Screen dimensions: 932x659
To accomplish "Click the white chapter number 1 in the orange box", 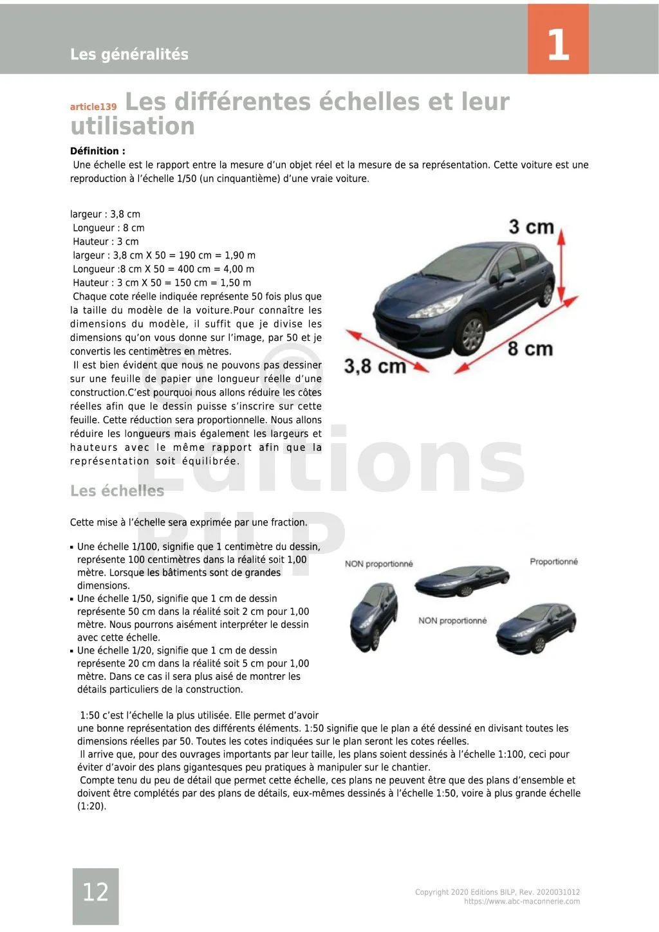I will click(x=558, y=44).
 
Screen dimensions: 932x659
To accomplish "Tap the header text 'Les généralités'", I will click(x=129, y=54).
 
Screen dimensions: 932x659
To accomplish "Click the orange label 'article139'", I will click(x=93, y=107).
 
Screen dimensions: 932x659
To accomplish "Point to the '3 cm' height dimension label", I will click(x=531, y=227).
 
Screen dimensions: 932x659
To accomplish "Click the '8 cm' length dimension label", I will click(x=530, y=349).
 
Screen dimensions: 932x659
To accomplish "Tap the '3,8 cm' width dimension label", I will click(x=375, y=367).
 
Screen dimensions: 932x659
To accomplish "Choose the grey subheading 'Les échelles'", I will click(x=117, y=491).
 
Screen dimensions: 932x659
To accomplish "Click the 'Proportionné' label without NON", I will click(x=553, y=562).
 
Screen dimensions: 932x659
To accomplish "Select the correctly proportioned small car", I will click(x=535, y=627).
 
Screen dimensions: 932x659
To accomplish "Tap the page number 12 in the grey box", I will click(x=95, y=891).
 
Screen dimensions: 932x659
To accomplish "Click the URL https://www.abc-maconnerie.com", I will click(x=522, y=901).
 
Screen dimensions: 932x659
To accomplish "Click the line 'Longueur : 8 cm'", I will click(x=109, y=228).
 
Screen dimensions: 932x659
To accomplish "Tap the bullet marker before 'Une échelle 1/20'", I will click(x=71, y=651).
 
